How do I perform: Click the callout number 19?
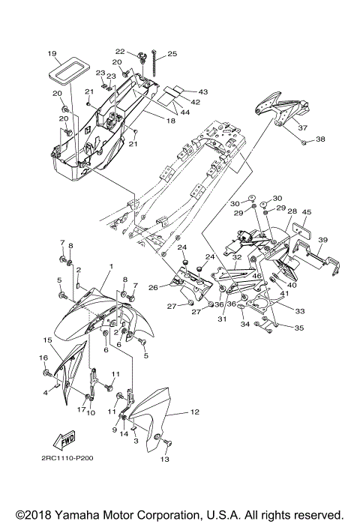52,53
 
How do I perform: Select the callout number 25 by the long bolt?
172,53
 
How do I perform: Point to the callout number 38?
320,139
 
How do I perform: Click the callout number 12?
193,412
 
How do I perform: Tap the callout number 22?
139,51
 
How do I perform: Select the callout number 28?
292,212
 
